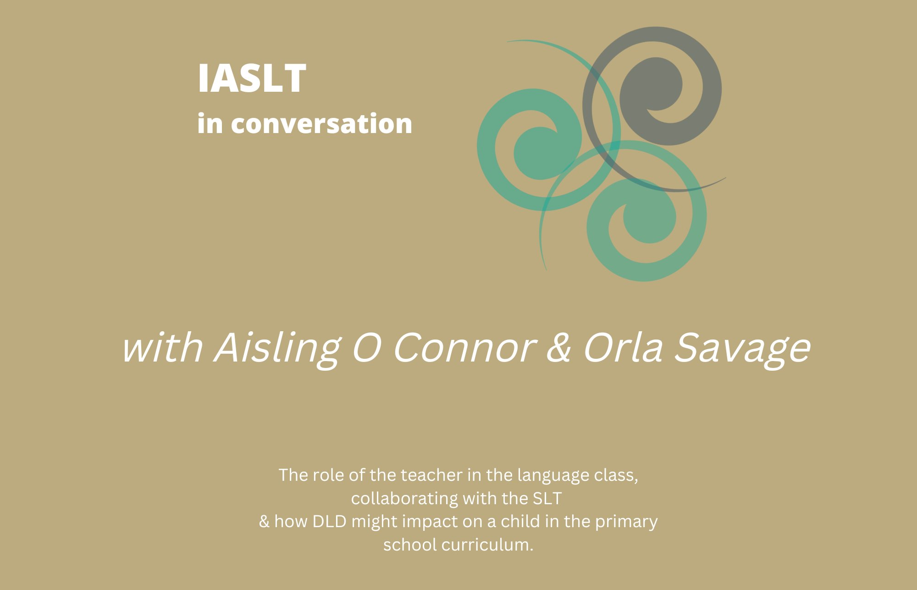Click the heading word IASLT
pyautogui.click(x=252, y=78)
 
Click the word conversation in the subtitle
pyautogui.click(x=321, y=124)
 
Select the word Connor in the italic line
pyautogui.click(x=464, y=348)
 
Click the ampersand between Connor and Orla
pyautogui.click(x=559, y=347)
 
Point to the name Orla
pyautogui.click(x=623, y=347)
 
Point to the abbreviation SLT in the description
pyautogui.click(x=547, y=499)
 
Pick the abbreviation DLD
pyautogui.click(x=329, y=522)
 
